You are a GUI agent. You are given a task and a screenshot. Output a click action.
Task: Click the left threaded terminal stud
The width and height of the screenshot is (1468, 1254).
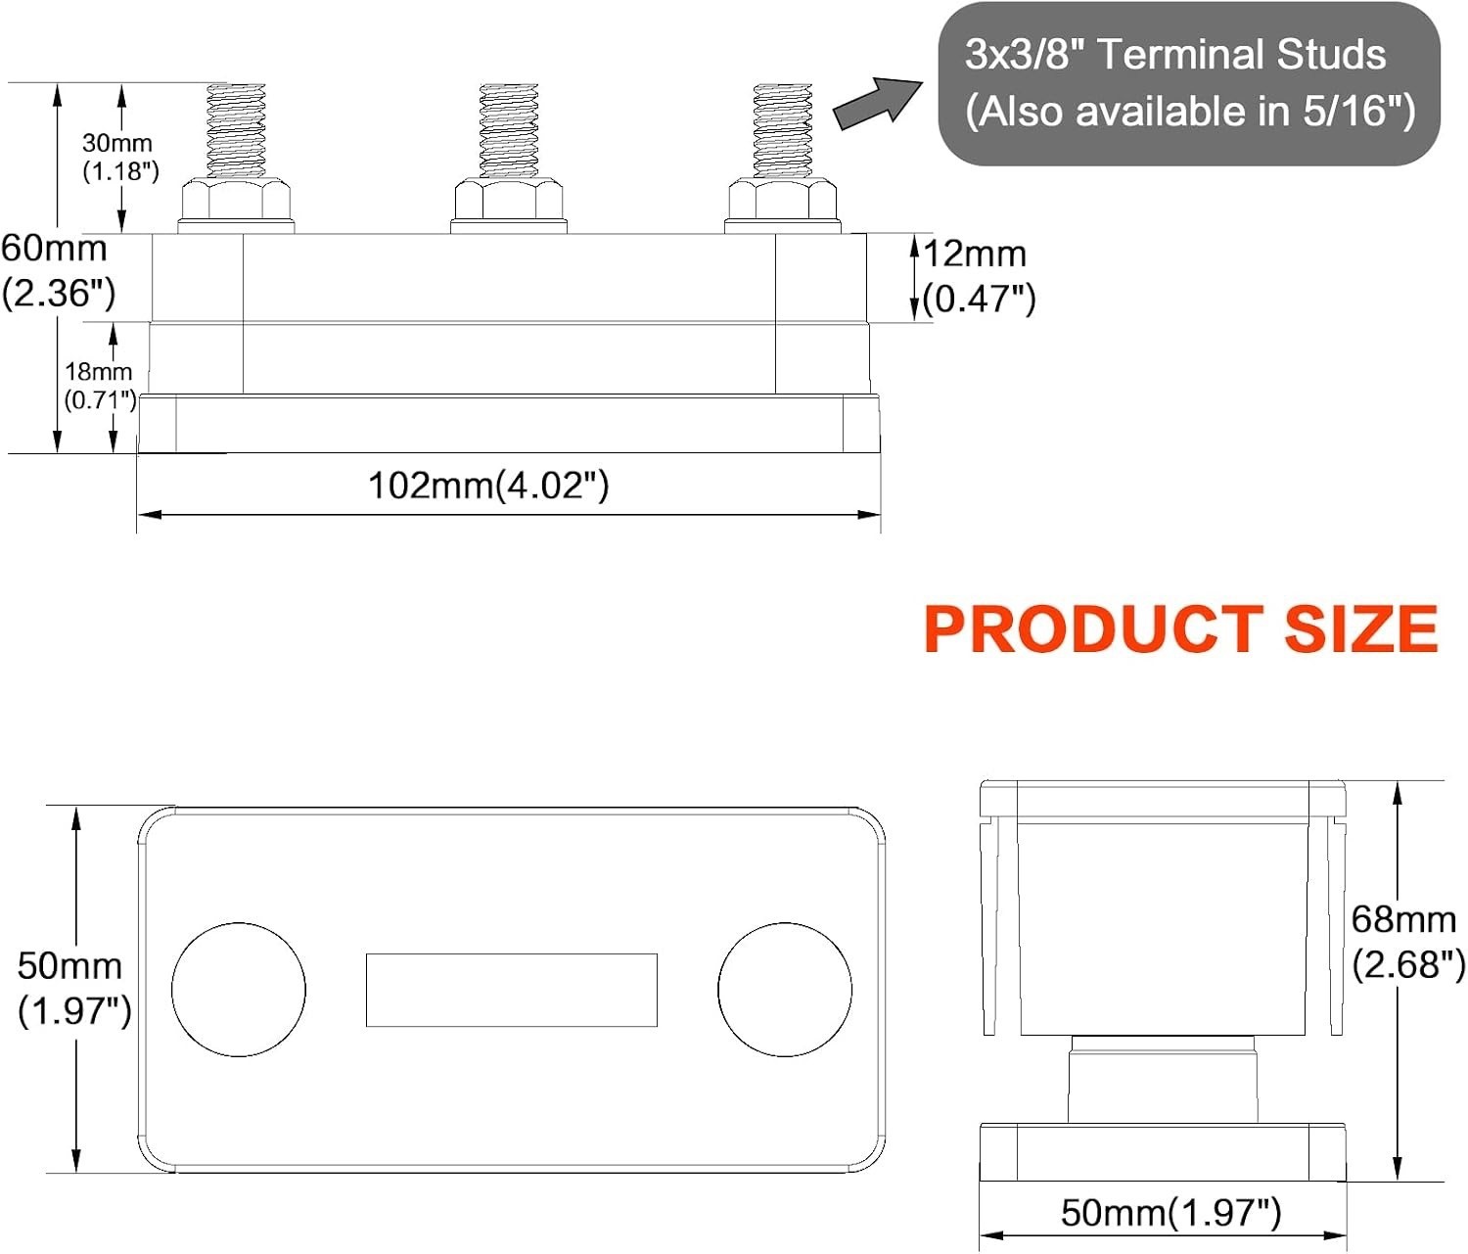coord(236,131)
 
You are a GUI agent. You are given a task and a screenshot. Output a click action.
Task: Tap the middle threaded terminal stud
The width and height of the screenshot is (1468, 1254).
coord(509,131)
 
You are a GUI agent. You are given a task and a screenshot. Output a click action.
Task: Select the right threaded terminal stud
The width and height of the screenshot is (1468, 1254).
coord(782,131)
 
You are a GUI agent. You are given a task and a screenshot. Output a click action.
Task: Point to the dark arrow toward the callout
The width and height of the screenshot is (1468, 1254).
coord(878,103)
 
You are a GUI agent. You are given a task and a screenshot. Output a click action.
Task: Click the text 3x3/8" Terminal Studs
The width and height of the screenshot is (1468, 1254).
coord(1175,55)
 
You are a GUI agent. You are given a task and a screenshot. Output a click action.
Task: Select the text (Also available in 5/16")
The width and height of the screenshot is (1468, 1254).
coord(1190,112)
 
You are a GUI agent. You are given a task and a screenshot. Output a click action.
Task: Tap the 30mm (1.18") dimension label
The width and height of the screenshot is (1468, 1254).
coord(120,157)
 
